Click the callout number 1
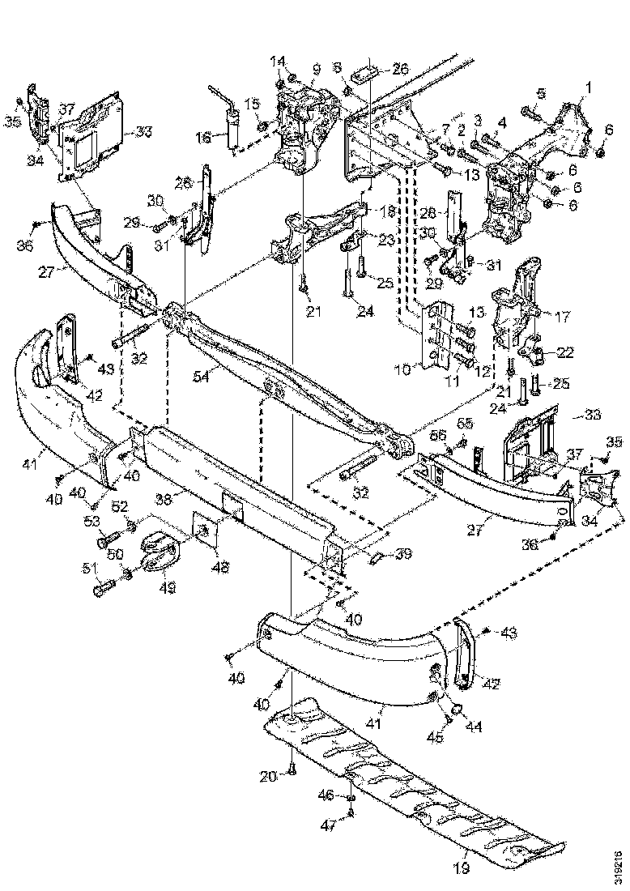(x=589, y=86)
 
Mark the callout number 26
(x=400, y=69)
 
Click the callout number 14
(x=278, y=61)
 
